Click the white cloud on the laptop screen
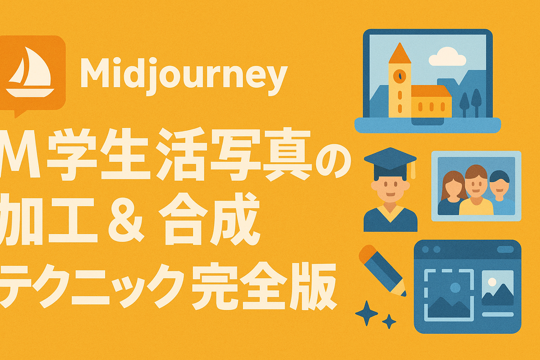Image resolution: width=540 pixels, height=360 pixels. click(447, 57)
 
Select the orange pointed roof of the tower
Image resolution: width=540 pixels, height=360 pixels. click(400, 53)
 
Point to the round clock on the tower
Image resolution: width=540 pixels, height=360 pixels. click(399, 76)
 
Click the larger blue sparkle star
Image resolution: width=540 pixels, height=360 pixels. click(366, 313)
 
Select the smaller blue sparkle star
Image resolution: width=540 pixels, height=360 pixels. click(389, 321)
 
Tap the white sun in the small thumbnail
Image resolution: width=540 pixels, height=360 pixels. click(492, 281)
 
